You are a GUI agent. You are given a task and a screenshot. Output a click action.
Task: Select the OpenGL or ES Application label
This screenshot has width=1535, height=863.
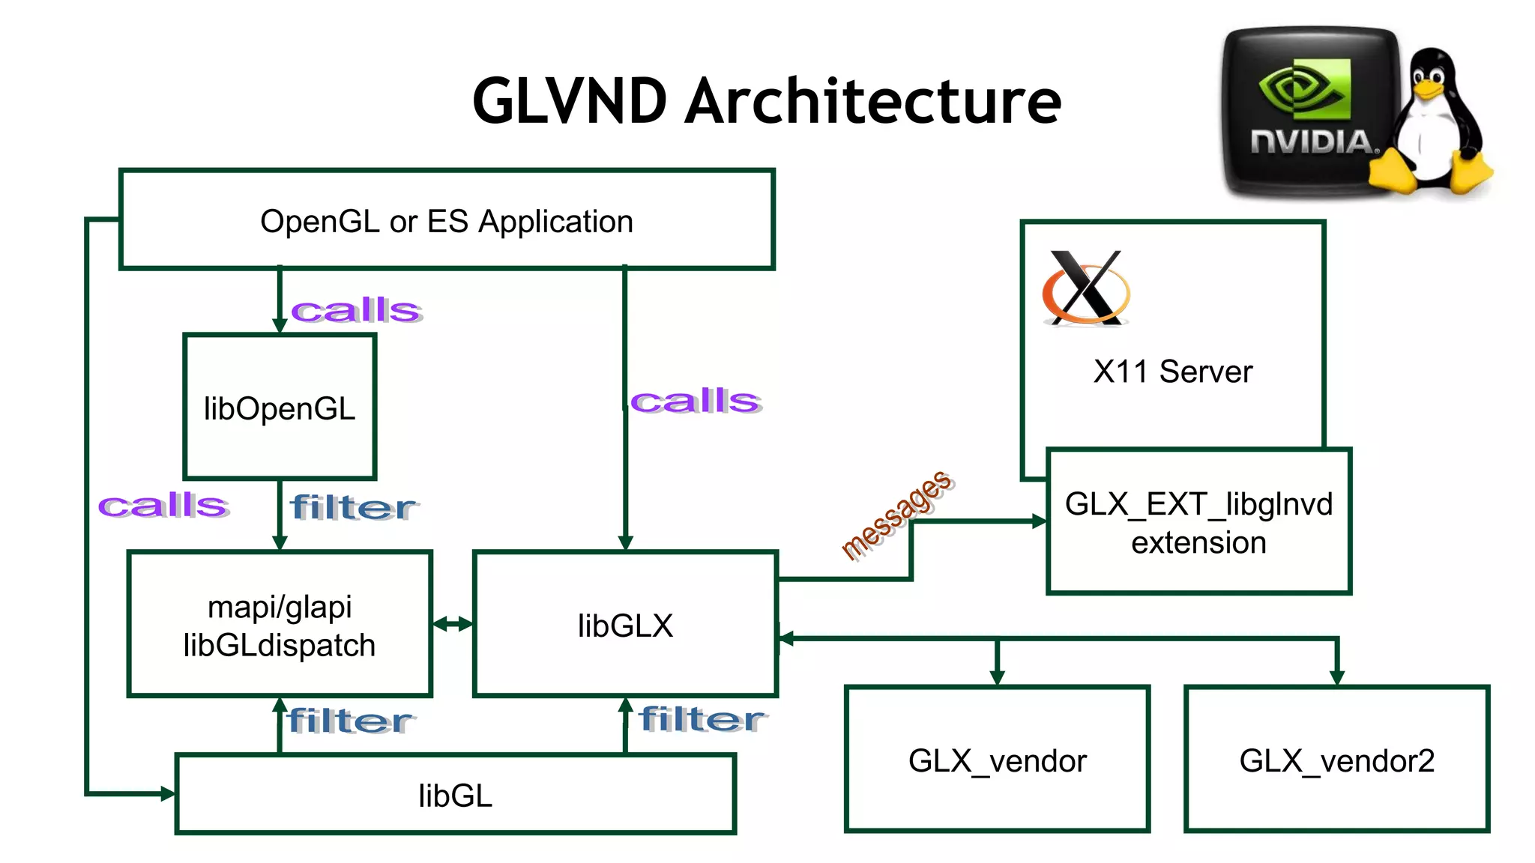(x=447, y=222)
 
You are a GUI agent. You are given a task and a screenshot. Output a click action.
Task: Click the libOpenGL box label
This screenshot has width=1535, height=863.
(x=280, y=409)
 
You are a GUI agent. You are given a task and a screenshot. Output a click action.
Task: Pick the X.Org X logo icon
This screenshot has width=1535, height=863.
(x=1086, y=288)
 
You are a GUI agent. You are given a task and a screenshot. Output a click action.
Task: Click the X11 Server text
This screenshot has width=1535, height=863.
(x=1172, y=372)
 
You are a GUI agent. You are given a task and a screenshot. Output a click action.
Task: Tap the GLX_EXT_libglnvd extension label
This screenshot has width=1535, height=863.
(x=1198, y=523)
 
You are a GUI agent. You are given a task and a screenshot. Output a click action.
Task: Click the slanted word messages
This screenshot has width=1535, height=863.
(x=896, y=515)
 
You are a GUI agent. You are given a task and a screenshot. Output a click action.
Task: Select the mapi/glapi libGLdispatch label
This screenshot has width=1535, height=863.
(x=280, y=626)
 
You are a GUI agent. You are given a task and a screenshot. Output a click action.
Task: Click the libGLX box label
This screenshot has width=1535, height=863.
(x=625, y=626)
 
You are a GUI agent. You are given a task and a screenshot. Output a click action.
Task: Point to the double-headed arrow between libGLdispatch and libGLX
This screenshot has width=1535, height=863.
(x=453, y=623)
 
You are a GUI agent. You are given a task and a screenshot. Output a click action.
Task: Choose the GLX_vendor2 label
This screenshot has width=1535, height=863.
(x=1336, y=761)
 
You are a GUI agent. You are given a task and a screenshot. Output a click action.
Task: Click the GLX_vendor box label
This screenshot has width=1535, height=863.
(x=997, y=761)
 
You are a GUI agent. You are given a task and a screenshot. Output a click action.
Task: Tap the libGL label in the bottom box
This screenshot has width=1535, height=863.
(x=455, y=796)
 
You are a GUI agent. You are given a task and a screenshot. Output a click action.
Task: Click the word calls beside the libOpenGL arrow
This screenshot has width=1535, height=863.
(x=356, y=310)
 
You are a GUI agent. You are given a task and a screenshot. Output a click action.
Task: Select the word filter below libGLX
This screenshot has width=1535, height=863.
(x=702, y=719)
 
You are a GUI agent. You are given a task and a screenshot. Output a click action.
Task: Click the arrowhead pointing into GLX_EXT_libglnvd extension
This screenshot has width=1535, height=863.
(x=1039, y=521)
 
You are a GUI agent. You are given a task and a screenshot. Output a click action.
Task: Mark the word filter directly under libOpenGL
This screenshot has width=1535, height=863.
(x=352, y=508)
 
